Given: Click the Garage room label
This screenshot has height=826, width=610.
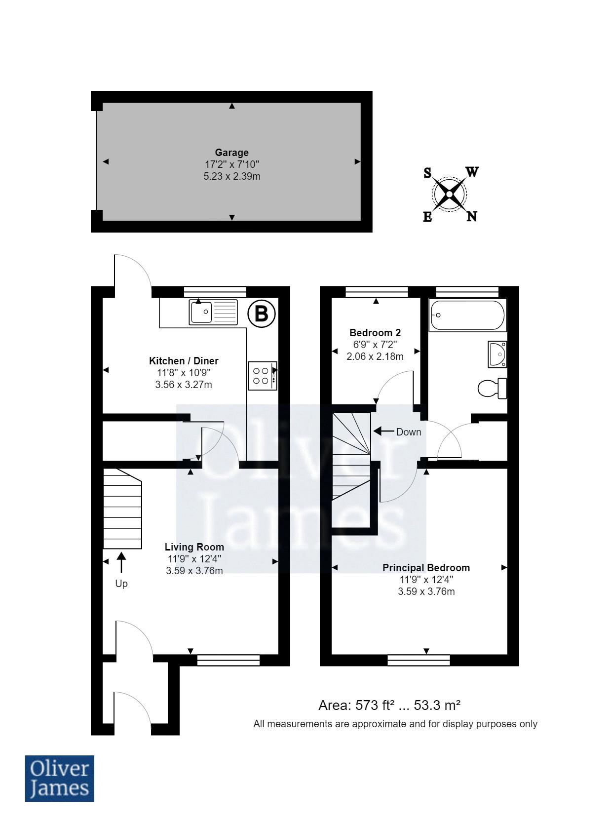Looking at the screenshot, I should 231,153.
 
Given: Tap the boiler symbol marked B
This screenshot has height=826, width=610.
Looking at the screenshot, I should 261,314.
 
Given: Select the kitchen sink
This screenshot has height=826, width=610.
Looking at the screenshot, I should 213,312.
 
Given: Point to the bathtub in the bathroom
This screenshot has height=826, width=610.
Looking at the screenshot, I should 467,315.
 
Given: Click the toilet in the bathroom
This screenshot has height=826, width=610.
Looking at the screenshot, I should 492,388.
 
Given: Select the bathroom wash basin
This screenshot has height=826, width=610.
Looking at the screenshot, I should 497,354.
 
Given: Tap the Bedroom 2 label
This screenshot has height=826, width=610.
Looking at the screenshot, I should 375,332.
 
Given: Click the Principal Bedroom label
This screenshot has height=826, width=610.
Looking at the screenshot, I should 426,568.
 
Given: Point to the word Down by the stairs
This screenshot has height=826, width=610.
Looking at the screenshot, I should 409,432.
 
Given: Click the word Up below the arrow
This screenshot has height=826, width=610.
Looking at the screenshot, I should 121,584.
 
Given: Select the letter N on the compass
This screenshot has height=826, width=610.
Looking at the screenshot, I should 472,216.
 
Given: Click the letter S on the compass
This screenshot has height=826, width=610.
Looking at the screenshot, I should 427,173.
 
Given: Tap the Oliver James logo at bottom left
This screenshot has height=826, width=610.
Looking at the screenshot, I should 59,778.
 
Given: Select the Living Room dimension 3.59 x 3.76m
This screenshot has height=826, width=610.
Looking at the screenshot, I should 194,571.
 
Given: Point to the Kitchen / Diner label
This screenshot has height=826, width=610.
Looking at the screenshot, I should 184,361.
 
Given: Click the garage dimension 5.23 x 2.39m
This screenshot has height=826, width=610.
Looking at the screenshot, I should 231,176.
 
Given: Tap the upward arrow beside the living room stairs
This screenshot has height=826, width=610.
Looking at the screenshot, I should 121,563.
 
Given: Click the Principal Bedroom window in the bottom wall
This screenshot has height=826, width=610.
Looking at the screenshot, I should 419,660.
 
